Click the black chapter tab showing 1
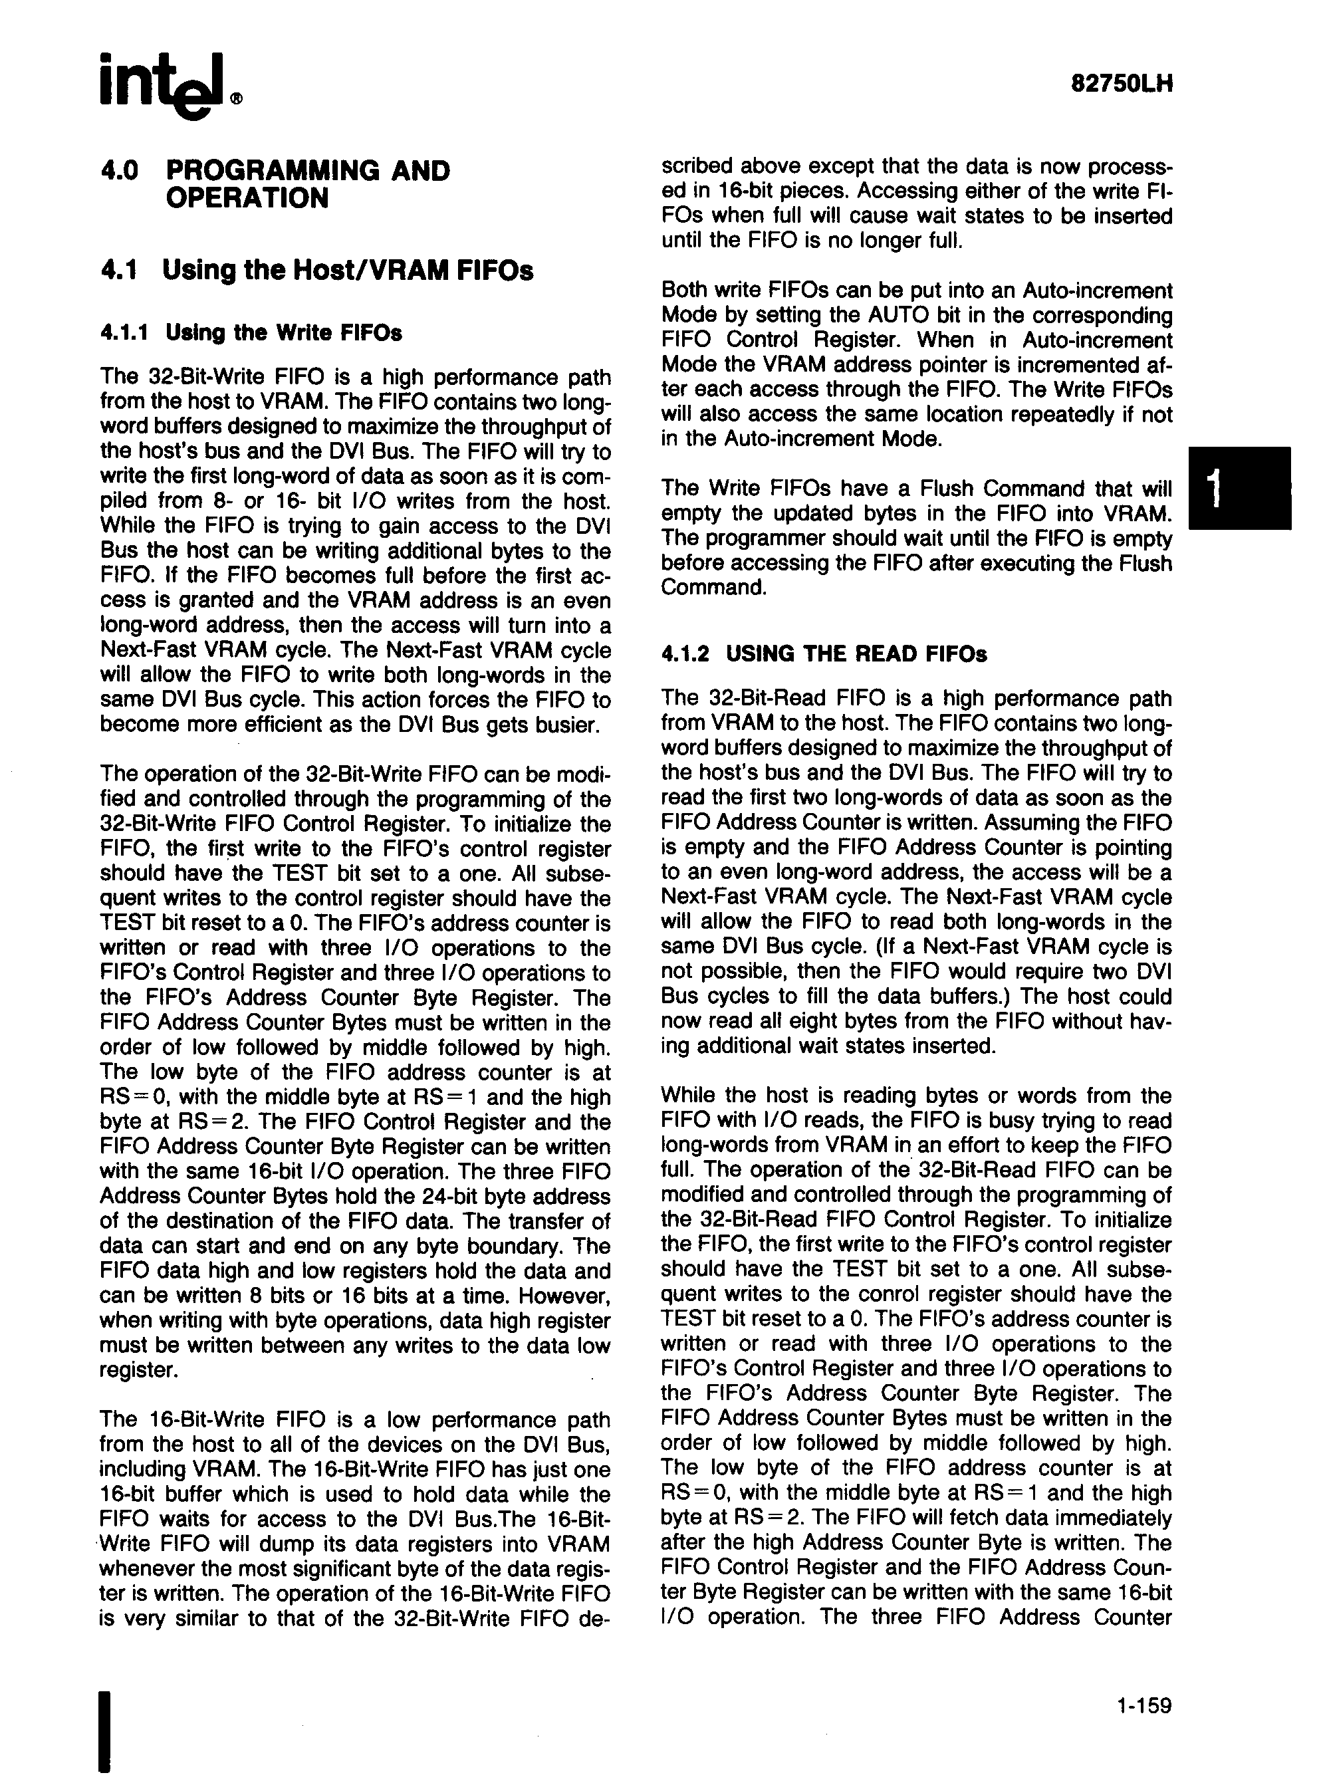pos(1239,488)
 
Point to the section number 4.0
pos(120,170)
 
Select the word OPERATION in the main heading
pos(247,198)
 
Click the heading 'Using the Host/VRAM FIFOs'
pos(347,270)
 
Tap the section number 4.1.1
pos(124,332)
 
